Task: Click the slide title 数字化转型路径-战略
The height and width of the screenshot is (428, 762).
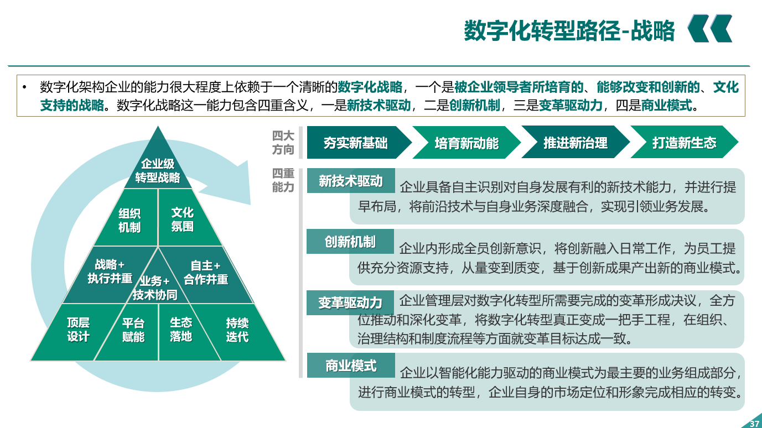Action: point(569,30)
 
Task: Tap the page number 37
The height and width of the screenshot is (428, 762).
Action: point(754,424)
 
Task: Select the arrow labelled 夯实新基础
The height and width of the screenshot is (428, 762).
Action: point(359,143)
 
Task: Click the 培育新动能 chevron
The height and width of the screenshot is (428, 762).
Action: point(466,143)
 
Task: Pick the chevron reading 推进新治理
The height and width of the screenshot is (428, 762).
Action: point(576,143)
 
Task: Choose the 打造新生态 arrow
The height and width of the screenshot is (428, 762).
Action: point(684,143)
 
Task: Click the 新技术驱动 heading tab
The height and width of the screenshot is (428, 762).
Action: point(351,180)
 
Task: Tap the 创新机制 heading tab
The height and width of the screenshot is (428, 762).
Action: point(350,241)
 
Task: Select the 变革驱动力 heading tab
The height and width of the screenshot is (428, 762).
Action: point(350,302)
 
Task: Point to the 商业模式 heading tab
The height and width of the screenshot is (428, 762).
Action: point(351,366)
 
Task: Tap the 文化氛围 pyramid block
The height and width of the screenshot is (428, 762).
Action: point(185,220)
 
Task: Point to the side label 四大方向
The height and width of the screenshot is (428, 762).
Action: point(283,143)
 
